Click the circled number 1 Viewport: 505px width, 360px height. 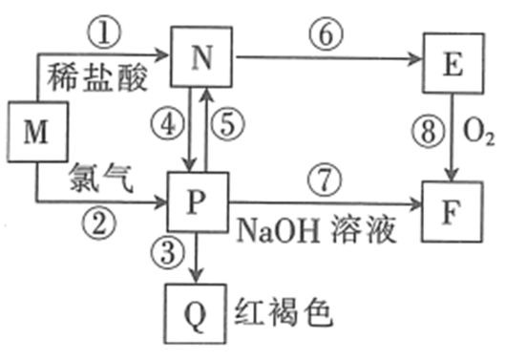[104, 32]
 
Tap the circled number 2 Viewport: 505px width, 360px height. [98, 223]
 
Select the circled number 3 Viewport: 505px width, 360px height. [167, 253]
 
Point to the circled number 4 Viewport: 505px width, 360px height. [168, 124]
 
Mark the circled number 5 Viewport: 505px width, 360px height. [227, 124]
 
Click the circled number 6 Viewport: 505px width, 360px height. [326, 34]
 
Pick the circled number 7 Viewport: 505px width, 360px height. [325, 180]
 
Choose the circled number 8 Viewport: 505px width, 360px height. [428, 132]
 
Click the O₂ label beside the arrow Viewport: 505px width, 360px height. [478, 132]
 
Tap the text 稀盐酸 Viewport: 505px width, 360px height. [97, 77]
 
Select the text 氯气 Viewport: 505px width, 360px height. [101, 178]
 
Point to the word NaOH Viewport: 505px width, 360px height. [279, 231]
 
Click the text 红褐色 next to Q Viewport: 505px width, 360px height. [284, 312]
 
